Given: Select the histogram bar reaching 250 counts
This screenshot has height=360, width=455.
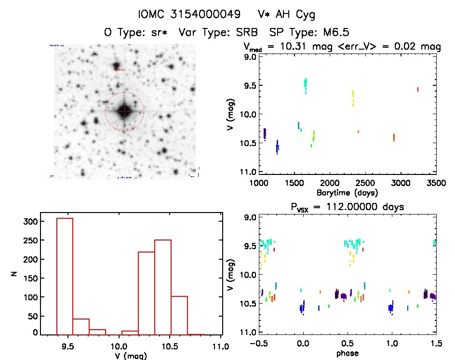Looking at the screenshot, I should (163, 287).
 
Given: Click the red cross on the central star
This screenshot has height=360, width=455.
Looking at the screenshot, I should (124, 111).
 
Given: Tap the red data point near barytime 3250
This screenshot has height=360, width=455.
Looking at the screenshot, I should (417, 89).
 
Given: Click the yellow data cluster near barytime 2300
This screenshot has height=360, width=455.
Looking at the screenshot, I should (353, 98).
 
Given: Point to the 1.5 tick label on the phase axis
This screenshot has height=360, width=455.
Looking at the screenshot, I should (435, 344).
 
